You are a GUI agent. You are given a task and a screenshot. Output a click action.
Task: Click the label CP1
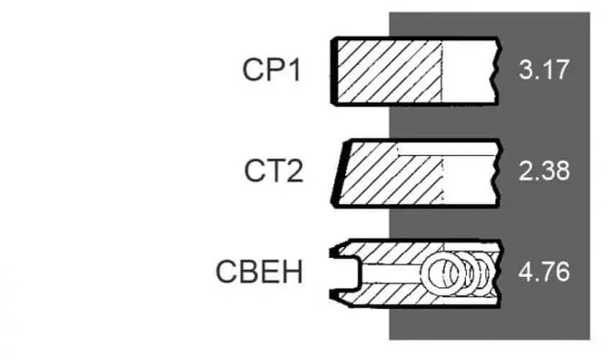272,70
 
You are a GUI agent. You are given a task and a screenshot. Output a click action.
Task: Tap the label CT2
274,172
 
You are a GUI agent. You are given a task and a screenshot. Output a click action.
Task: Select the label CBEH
259,272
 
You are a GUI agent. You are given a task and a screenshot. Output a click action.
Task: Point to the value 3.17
544,70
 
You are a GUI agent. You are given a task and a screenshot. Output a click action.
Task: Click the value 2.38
544,171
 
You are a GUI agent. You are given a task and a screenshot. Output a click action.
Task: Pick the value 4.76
544,272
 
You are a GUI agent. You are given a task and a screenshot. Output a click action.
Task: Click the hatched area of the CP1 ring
390,71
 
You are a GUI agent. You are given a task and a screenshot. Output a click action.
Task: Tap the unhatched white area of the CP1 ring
468,71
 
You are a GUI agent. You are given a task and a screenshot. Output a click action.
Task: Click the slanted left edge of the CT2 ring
339,173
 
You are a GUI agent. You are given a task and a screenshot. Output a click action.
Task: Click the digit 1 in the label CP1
295,70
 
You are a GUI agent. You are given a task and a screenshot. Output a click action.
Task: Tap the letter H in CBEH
293,272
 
